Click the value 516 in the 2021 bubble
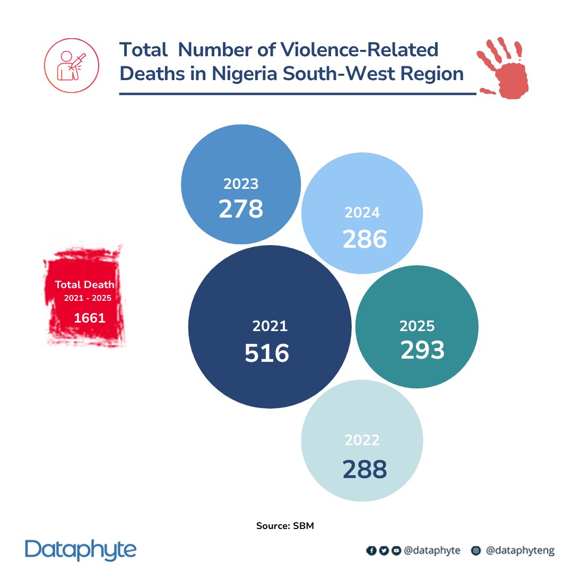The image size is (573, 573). pyautogui.click(x=267, y=353)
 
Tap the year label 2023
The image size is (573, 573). pyautogui.click(x=241, y=184)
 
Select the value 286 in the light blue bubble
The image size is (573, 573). pyautogui.click(x=364, y=239)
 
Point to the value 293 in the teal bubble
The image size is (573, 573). pyautogui.click(x=422, y=350)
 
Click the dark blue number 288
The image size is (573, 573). pyautogui.click(x=364, y=469)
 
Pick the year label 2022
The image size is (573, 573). pyautogui.click(x=362, y=440)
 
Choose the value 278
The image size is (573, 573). pyautogui.click(x=241, y=209)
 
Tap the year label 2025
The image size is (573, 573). pyautogui.click(x=417, y=326)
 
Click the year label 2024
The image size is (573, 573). pyautogui.click(x=362, y=212)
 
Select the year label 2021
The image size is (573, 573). pyautogui.click(x=270, y=326)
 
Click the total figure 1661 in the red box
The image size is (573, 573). pyautogui.click(x=90, y=318)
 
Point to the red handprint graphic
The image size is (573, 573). pyautogui.click(x=503, y=68)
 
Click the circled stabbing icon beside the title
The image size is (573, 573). pyautogui.click(x=72, y=65)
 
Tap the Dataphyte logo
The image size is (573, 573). pyautogui.click(x=81, y=550)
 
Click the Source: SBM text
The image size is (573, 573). pyautogui.click(x=285, y=525)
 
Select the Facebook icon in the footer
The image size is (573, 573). pyautogui.click(x=371, y=550)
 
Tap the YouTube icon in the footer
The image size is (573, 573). pyautogui.click(x=396, y=550)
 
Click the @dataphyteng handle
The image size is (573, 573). pyautogui.click(x=520, y=550)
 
